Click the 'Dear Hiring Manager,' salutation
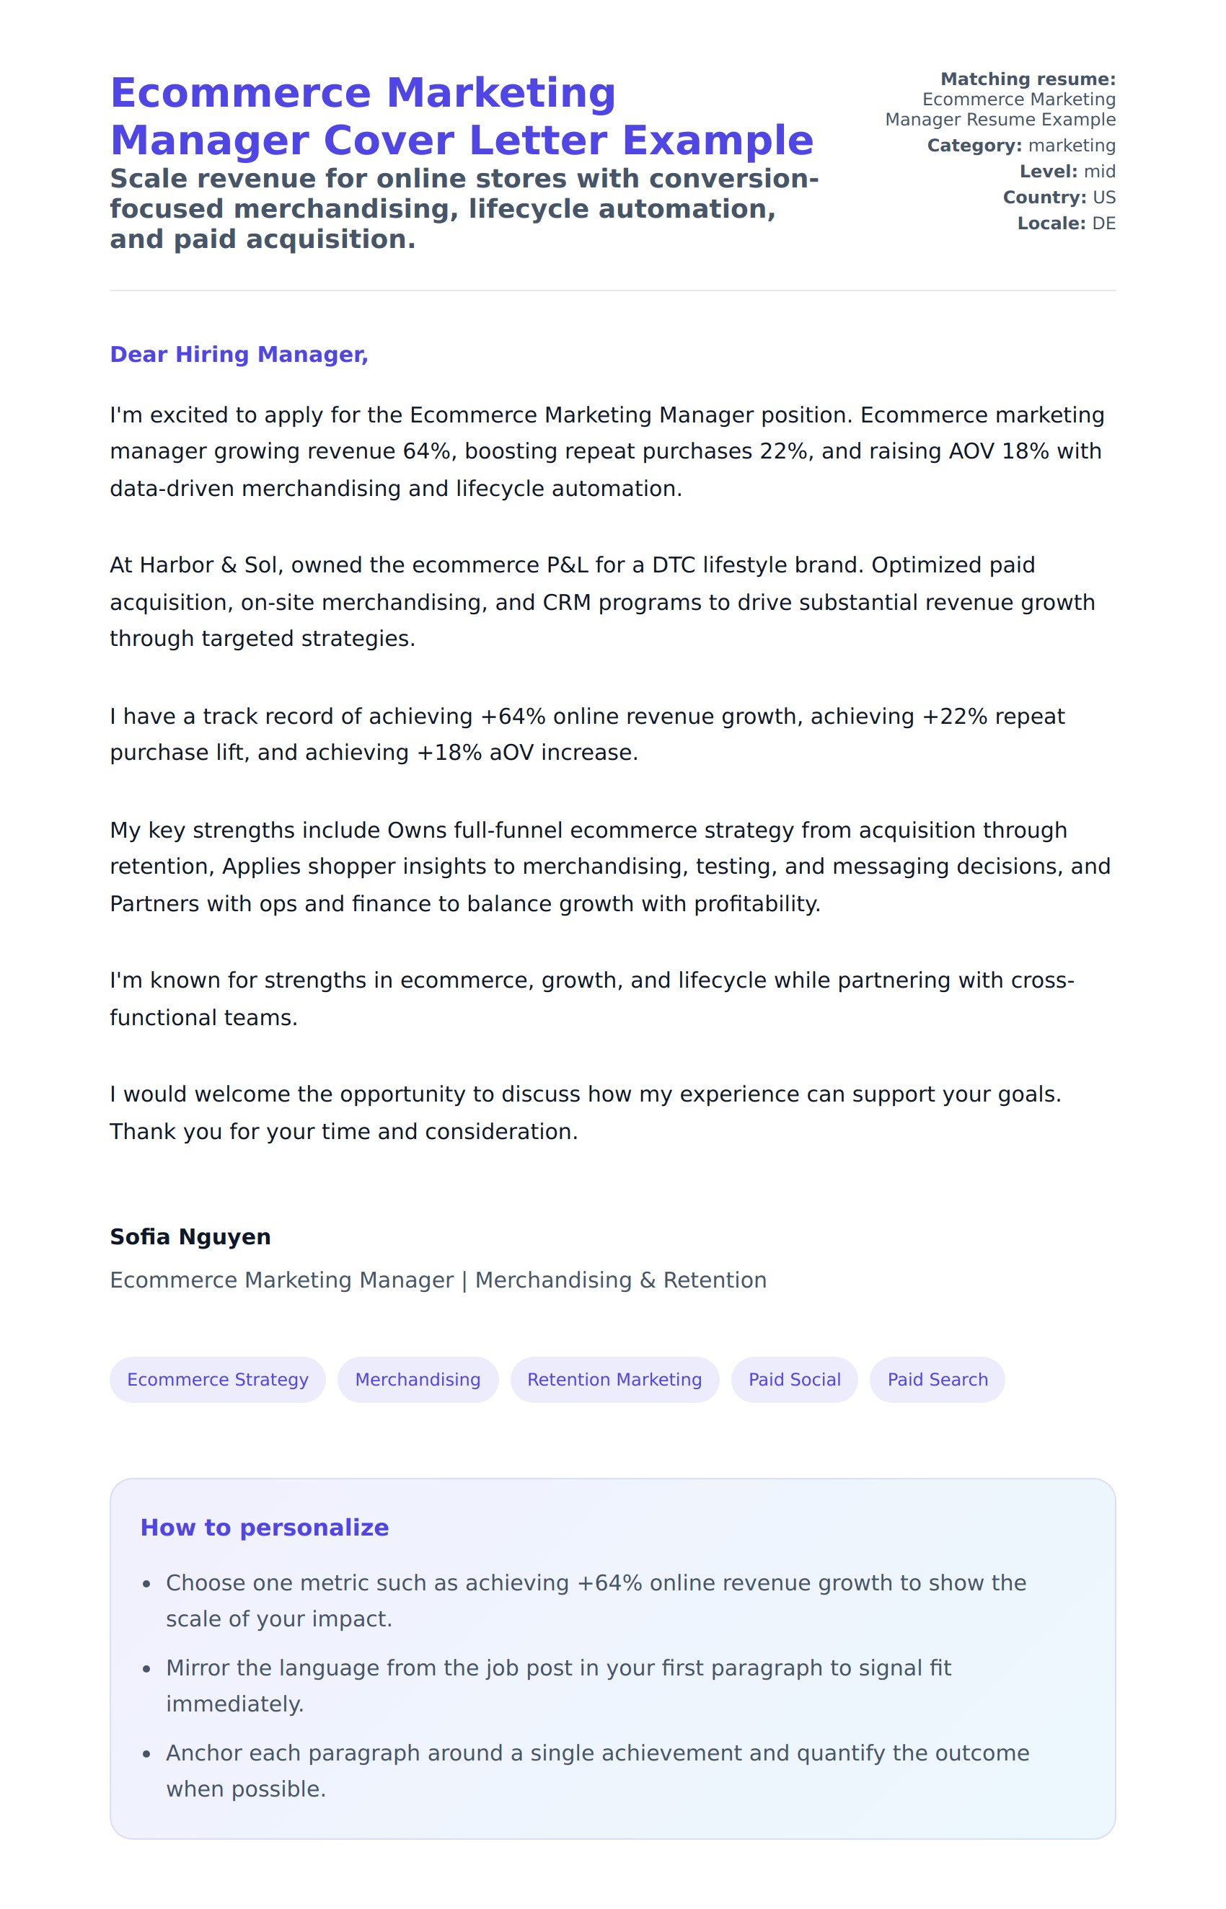239,354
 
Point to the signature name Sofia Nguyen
190,1236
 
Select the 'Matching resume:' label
1028,79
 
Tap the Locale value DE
1103,223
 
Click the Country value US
1103,198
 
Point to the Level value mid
1099,171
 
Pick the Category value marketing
1072,146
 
